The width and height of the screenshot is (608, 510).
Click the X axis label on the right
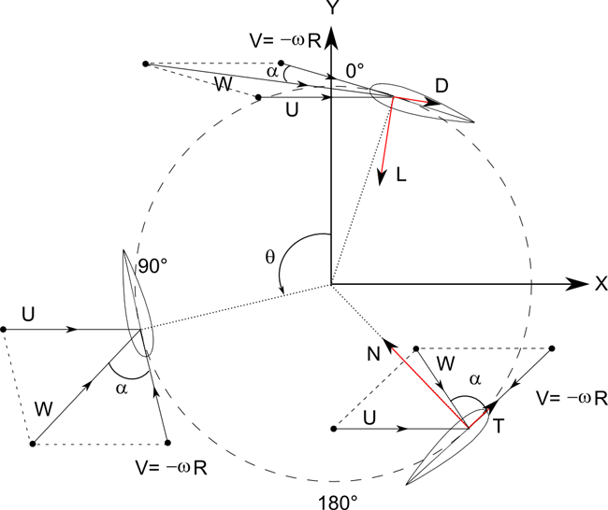(x=597, y=284)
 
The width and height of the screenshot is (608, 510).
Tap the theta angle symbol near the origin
(x=270, y=255)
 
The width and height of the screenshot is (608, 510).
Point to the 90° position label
(x=152, y=266)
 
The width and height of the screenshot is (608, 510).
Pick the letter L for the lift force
(x=400, y=177)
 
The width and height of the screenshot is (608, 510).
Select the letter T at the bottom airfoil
(x=499, y=425)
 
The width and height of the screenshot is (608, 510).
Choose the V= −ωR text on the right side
(x=572, y=398)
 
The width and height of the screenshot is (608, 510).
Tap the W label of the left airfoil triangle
(x=43, y=407)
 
